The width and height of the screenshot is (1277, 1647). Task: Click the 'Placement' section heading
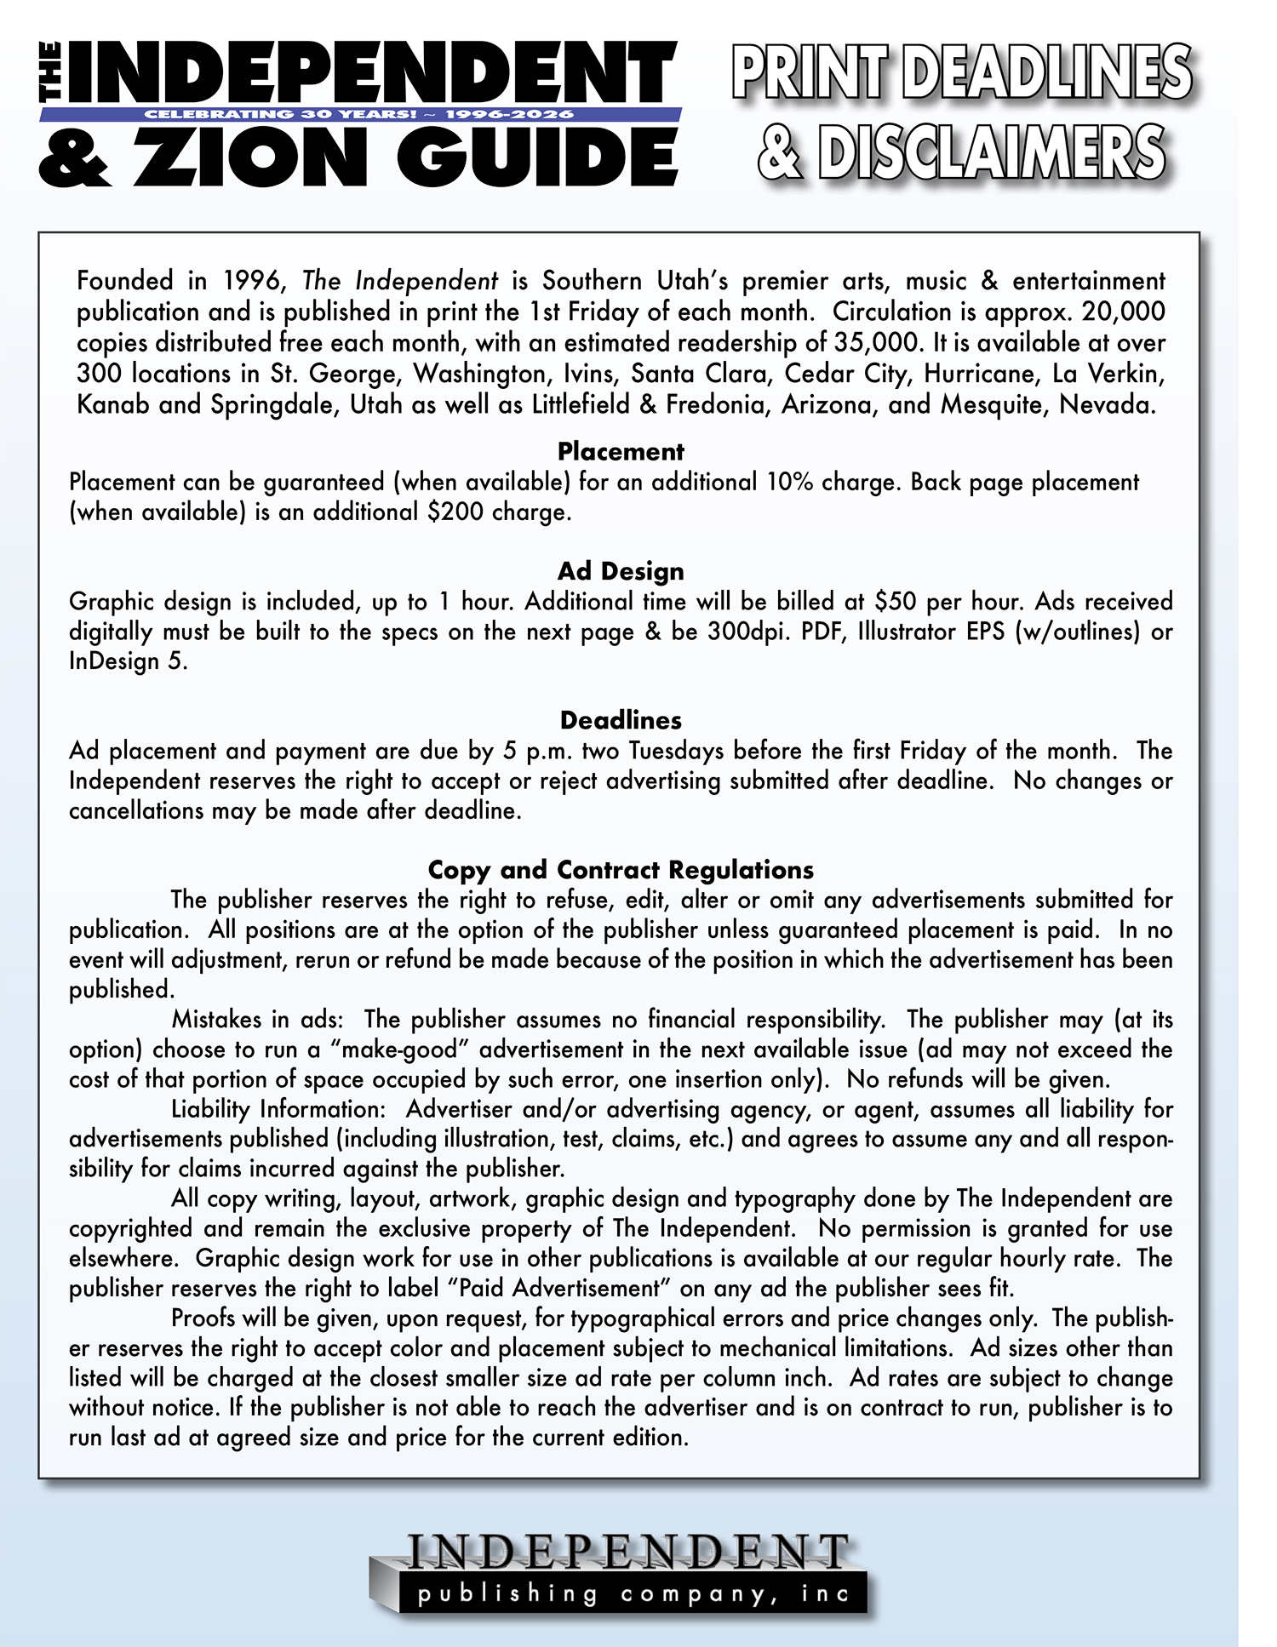(x=621, y=451)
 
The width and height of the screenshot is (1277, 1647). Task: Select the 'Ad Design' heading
(x=621, y=570)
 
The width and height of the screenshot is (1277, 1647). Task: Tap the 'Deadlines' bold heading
(x=621, y=720)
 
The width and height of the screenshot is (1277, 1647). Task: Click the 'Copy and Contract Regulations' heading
(x=621, y=869)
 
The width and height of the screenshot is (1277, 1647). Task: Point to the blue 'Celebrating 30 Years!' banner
(x=360, y=114)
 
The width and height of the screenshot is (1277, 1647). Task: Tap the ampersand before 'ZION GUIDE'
(x=74, y=159)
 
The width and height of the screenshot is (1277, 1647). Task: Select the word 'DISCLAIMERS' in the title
(x=991, y=153)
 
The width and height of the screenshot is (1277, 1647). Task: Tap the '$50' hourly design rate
(x=895, y=602)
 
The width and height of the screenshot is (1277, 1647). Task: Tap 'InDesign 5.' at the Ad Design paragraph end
(x=128, y=661)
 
